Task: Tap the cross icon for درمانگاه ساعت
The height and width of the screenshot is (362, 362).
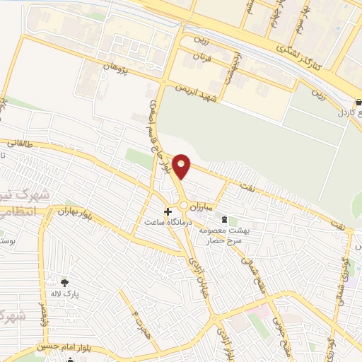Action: pos(168,211)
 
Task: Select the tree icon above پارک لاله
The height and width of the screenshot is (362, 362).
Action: pos(65,282)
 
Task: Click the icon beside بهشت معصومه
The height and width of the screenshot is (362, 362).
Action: pos(225,220)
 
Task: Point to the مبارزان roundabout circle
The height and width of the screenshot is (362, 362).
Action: pos(184,206)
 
